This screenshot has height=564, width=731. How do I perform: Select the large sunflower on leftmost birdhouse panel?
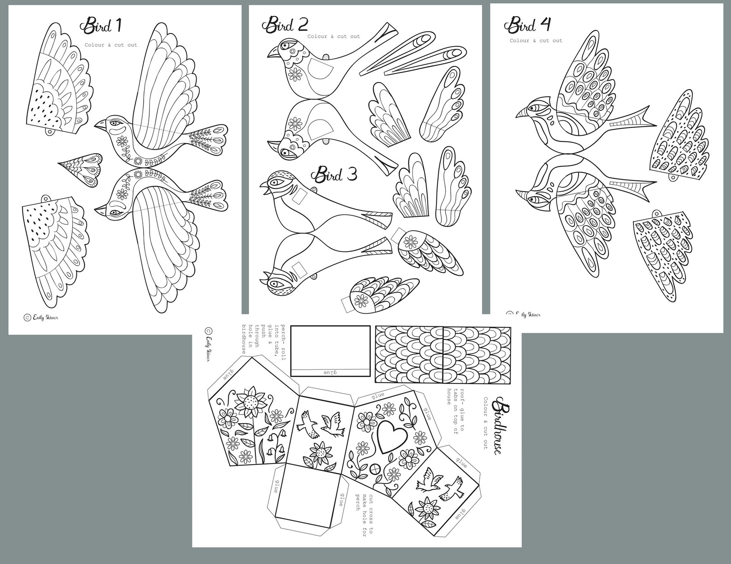click(251, 402)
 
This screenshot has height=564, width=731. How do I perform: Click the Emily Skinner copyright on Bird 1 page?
click(41, 317)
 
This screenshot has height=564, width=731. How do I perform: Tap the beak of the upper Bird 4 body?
click(522, 113)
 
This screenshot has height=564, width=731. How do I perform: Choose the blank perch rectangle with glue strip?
click(331, 350)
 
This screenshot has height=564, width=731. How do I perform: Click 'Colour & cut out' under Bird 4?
click(536, 41)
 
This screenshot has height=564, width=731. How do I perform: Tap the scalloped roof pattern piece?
click(443, 355)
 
